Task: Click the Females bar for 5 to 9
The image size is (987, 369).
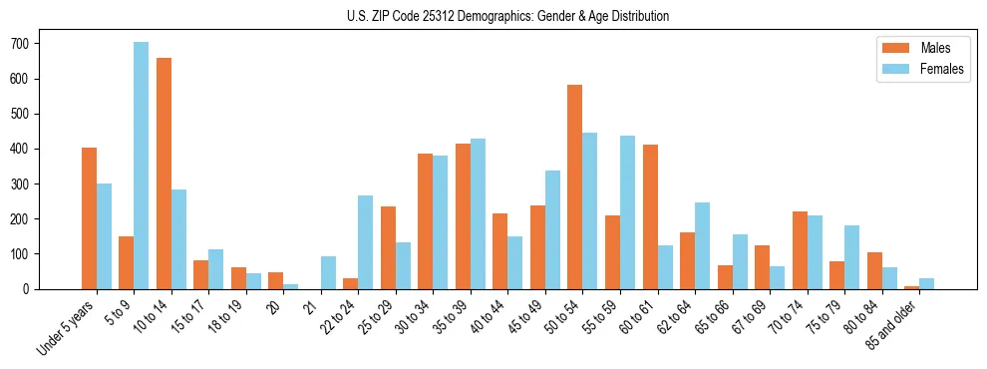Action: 142,166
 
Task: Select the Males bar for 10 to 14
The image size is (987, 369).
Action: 164,174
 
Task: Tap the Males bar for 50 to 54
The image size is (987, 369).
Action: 575,187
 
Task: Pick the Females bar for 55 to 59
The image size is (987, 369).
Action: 627,212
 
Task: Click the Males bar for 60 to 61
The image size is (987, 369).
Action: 650,217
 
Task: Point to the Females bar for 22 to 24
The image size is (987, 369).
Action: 366,242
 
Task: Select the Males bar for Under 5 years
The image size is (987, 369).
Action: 89,218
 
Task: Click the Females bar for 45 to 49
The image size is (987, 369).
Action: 552,230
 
